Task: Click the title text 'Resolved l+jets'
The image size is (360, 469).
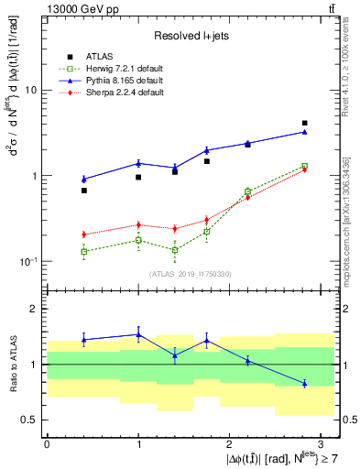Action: pyautogui.click(x=191, y=35)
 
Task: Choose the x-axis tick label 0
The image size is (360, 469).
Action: pyautogui.click(x=47, y=442)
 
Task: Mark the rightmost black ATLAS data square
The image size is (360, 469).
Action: pyautogui.click(x=304, y=123)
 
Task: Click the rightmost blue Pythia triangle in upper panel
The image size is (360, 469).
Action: pyautogui.click(x=304, y=132)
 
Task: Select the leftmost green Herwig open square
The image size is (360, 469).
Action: pyautogui.click(x=83, y=251)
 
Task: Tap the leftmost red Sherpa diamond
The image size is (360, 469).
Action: pyautogui.click(x=83, y=234)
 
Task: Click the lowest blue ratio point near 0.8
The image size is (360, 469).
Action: pyautogui.click(x=304, y=383)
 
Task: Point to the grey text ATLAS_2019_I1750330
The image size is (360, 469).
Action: pyautogui.click(x=191, y=274)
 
